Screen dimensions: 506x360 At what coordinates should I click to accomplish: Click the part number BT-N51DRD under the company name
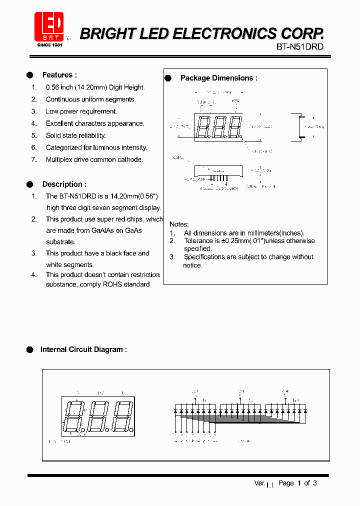pos(300,47)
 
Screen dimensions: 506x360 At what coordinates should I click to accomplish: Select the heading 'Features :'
pos(59,75)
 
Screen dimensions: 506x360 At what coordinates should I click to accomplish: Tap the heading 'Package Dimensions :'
pos(218,78)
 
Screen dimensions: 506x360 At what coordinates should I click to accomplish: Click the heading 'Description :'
pos(64,184)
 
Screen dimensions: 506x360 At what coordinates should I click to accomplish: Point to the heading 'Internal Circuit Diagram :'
pos(83,349)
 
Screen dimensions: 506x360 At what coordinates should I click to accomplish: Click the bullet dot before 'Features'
pos(29,75)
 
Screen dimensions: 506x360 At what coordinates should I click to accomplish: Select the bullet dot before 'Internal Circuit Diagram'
pos(29,349)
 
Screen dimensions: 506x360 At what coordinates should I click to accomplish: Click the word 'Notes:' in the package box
pos(179,224)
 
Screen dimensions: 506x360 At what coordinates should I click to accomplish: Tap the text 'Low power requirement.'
pos(81,111)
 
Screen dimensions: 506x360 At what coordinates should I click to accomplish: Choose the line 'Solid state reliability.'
pos(76,135)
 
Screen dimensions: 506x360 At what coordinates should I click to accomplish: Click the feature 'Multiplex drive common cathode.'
pos(94,159)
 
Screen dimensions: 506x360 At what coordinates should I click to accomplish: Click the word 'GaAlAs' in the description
pos(104,230)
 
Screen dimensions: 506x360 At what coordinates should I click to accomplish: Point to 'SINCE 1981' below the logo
pos(49,45)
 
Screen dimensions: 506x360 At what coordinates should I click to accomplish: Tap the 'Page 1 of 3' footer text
pos(297,483)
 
